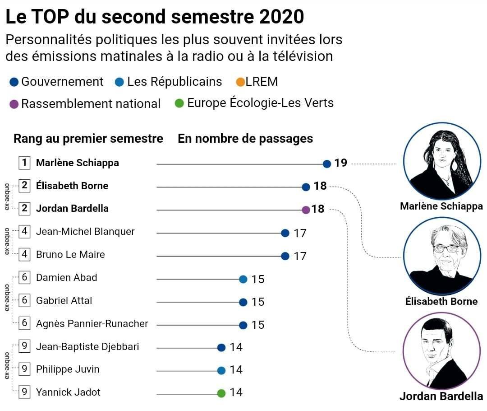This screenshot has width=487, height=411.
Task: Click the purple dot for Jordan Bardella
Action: [306, 210]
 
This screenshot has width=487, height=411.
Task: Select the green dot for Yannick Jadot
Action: [221, 393]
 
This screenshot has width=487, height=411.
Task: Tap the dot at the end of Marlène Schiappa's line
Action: [327, 164]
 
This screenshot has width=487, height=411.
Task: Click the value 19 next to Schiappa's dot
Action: [340, 163]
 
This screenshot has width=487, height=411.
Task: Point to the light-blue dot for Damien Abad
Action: [243, 279]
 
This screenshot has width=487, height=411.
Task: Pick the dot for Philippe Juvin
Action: [221, 370]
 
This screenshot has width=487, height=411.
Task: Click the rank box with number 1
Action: [24, 163]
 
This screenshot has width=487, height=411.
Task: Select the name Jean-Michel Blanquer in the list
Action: [85, 232]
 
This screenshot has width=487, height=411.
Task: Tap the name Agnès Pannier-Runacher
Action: [92, 323]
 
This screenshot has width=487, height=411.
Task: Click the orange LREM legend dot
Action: [240, 82]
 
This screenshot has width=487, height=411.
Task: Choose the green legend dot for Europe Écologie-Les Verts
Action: [179, 103]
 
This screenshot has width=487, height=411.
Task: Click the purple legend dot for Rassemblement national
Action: [14, 104]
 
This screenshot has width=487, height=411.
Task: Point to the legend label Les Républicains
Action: [175, 82]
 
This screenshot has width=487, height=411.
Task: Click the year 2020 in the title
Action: [282, 17]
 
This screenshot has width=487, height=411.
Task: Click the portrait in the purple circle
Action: [441, 350]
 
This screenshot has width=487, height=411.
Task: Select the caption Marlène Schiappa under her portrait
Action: [441, 206]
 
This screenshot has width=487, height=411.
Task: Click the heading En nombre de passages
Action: [245, 139]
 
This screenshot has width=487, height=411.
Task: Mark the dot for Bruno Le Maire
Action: [285, 256]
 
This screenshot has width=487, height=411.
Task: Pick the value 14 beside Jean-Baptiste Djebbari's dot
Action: [236, 347]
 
